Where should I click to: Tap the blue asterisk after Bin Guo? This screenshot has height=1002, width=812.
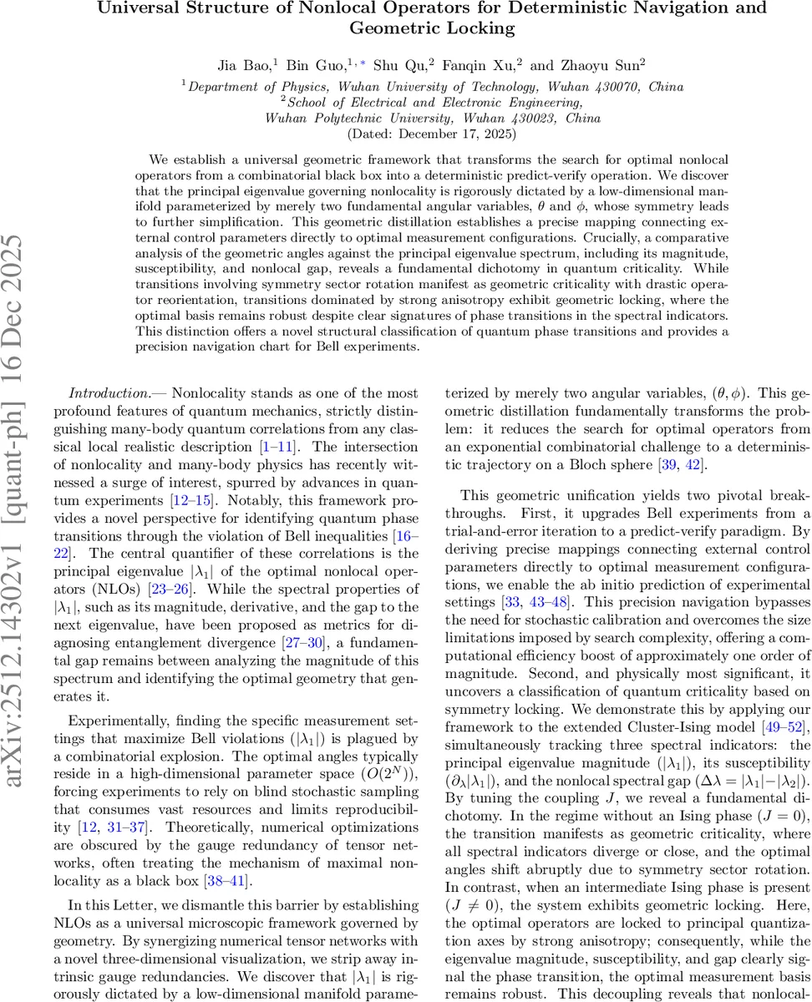point(361,63)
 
